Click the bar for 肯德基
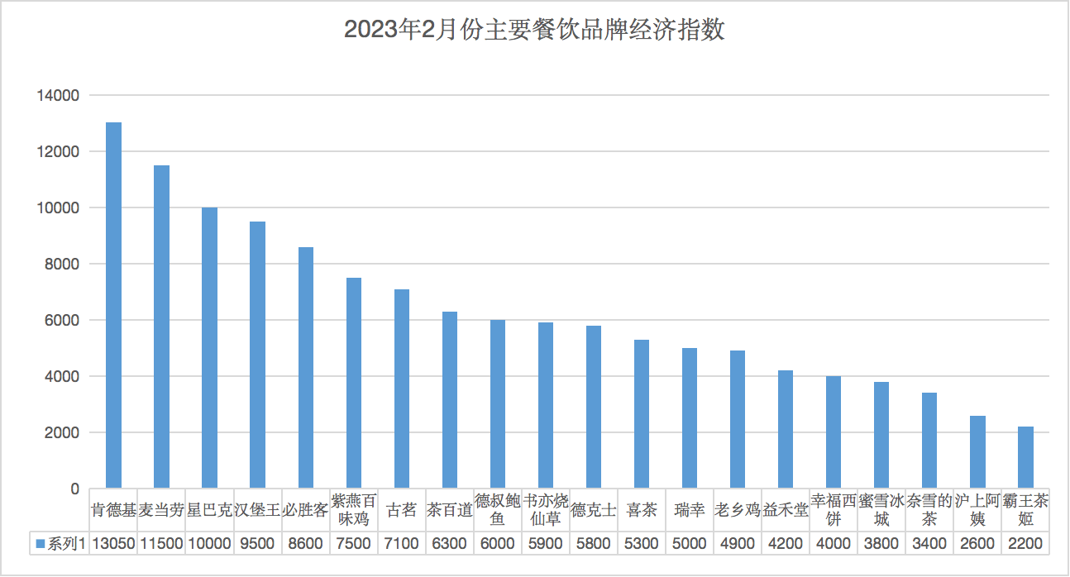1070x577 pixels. point(113,305)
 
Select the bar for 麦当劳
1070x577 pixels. point(161,327)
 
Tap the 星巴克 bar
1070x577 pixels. point(209,347)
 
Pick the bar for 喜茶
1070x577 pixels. point(642,413)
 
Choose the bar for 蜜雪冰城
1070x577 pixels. point(881,435)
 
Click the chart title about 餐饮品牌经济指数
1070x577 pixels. point(534,31)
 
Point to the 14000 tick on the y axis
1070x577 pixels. point(58,96)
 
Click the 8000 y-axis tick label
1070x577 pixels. point(61,265)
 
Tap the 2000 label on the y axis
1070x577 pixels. point(61,433)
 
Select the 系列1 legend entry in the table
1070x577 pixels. point(60,543)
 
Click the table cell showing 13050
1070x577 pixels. point(113,543)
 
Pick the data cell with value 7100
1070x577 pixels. point(402,543)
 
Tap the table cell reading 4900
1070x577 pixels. point(738,543)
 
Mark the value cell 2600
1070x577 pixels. point(977,543)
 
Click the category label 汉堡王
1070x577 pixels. point(257,510)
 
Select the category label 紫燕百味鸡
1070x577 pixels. point(354,510)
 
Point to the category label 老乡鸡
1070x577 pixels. point(738,510)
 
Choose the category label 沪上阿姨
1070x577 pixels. point(977,510)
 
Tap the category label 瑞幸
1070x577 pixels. point(690,510)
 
